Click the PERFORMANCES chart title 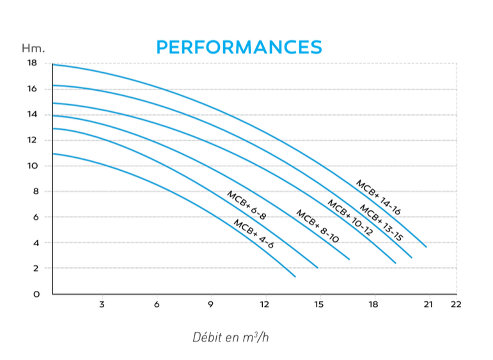[239, 47]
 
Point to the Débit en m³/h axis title [230, 337]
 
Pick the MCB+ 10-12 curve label [350, 218]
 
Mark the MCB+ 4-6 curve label [253, 234]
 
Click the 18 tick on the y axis [32, 63]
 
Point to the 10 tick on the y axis [32, 166]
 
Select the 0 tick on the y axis [36, 294]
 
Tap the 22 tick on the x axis [455, 304]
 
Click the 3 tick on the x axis [102, 304]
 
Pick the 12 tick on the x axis [265, 304]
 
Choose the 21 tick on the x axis [428, 304]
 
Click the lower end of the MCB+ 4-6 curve [295, 276]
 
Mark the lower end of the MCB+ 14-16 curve [426, 246]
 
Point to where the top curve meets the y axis [53, 65]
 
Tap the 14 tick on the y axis [32, 114]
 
